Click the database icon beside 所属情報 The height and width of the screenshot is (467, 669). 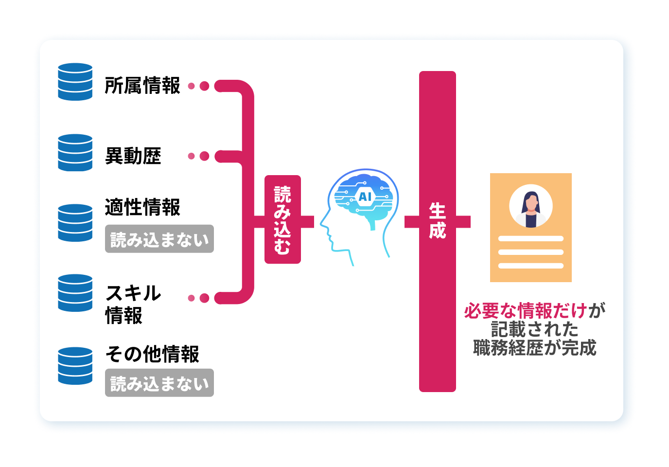tap(75, 82)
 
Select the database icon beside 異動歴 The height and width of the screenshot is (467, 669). tap(75, 153)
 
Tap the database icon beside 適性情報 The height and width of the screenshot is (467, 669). tap(75, 223)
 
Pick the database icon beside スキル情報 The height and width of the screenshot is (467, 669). tap(75, 293)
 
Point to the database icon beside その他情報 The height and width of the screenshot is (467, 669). tap(75, 366)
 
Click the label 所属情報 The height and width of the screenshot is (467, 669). tap(142, 86)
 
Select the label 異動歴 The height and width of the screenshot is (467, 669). tap(133, 156)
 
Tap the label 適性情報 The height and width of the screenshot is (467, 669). tap(142, 207)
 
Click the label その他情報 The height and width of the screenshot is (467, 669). tap(152, 354)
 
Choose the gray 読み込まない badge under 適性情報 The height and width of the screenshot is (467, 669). tap(159, 239)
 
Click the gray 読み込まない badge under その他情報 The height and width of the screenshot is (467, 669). tap(159, 383)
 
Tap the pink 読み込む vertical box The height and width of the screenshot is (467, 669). tap(282, 219)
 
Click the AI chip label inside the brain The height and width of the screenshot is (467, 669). tap(365, 197)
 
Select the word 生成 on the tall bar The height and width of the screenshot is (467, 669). tap(437, 221)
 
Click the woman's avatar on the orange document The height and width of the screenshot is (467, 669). tap(530, 206)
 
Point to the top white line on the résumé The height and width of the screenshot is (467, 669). tap(530, 239)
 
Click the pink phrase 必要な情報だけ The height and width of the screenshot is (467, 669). tap(525, 310)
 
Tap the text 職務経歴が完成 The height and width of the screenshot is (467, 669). tap(534, 348)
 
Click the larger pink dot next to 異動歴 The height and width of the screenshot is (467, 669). tap(205, 156)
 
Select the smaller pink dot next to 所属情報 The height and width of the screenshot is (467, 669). tap(191, 86)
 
